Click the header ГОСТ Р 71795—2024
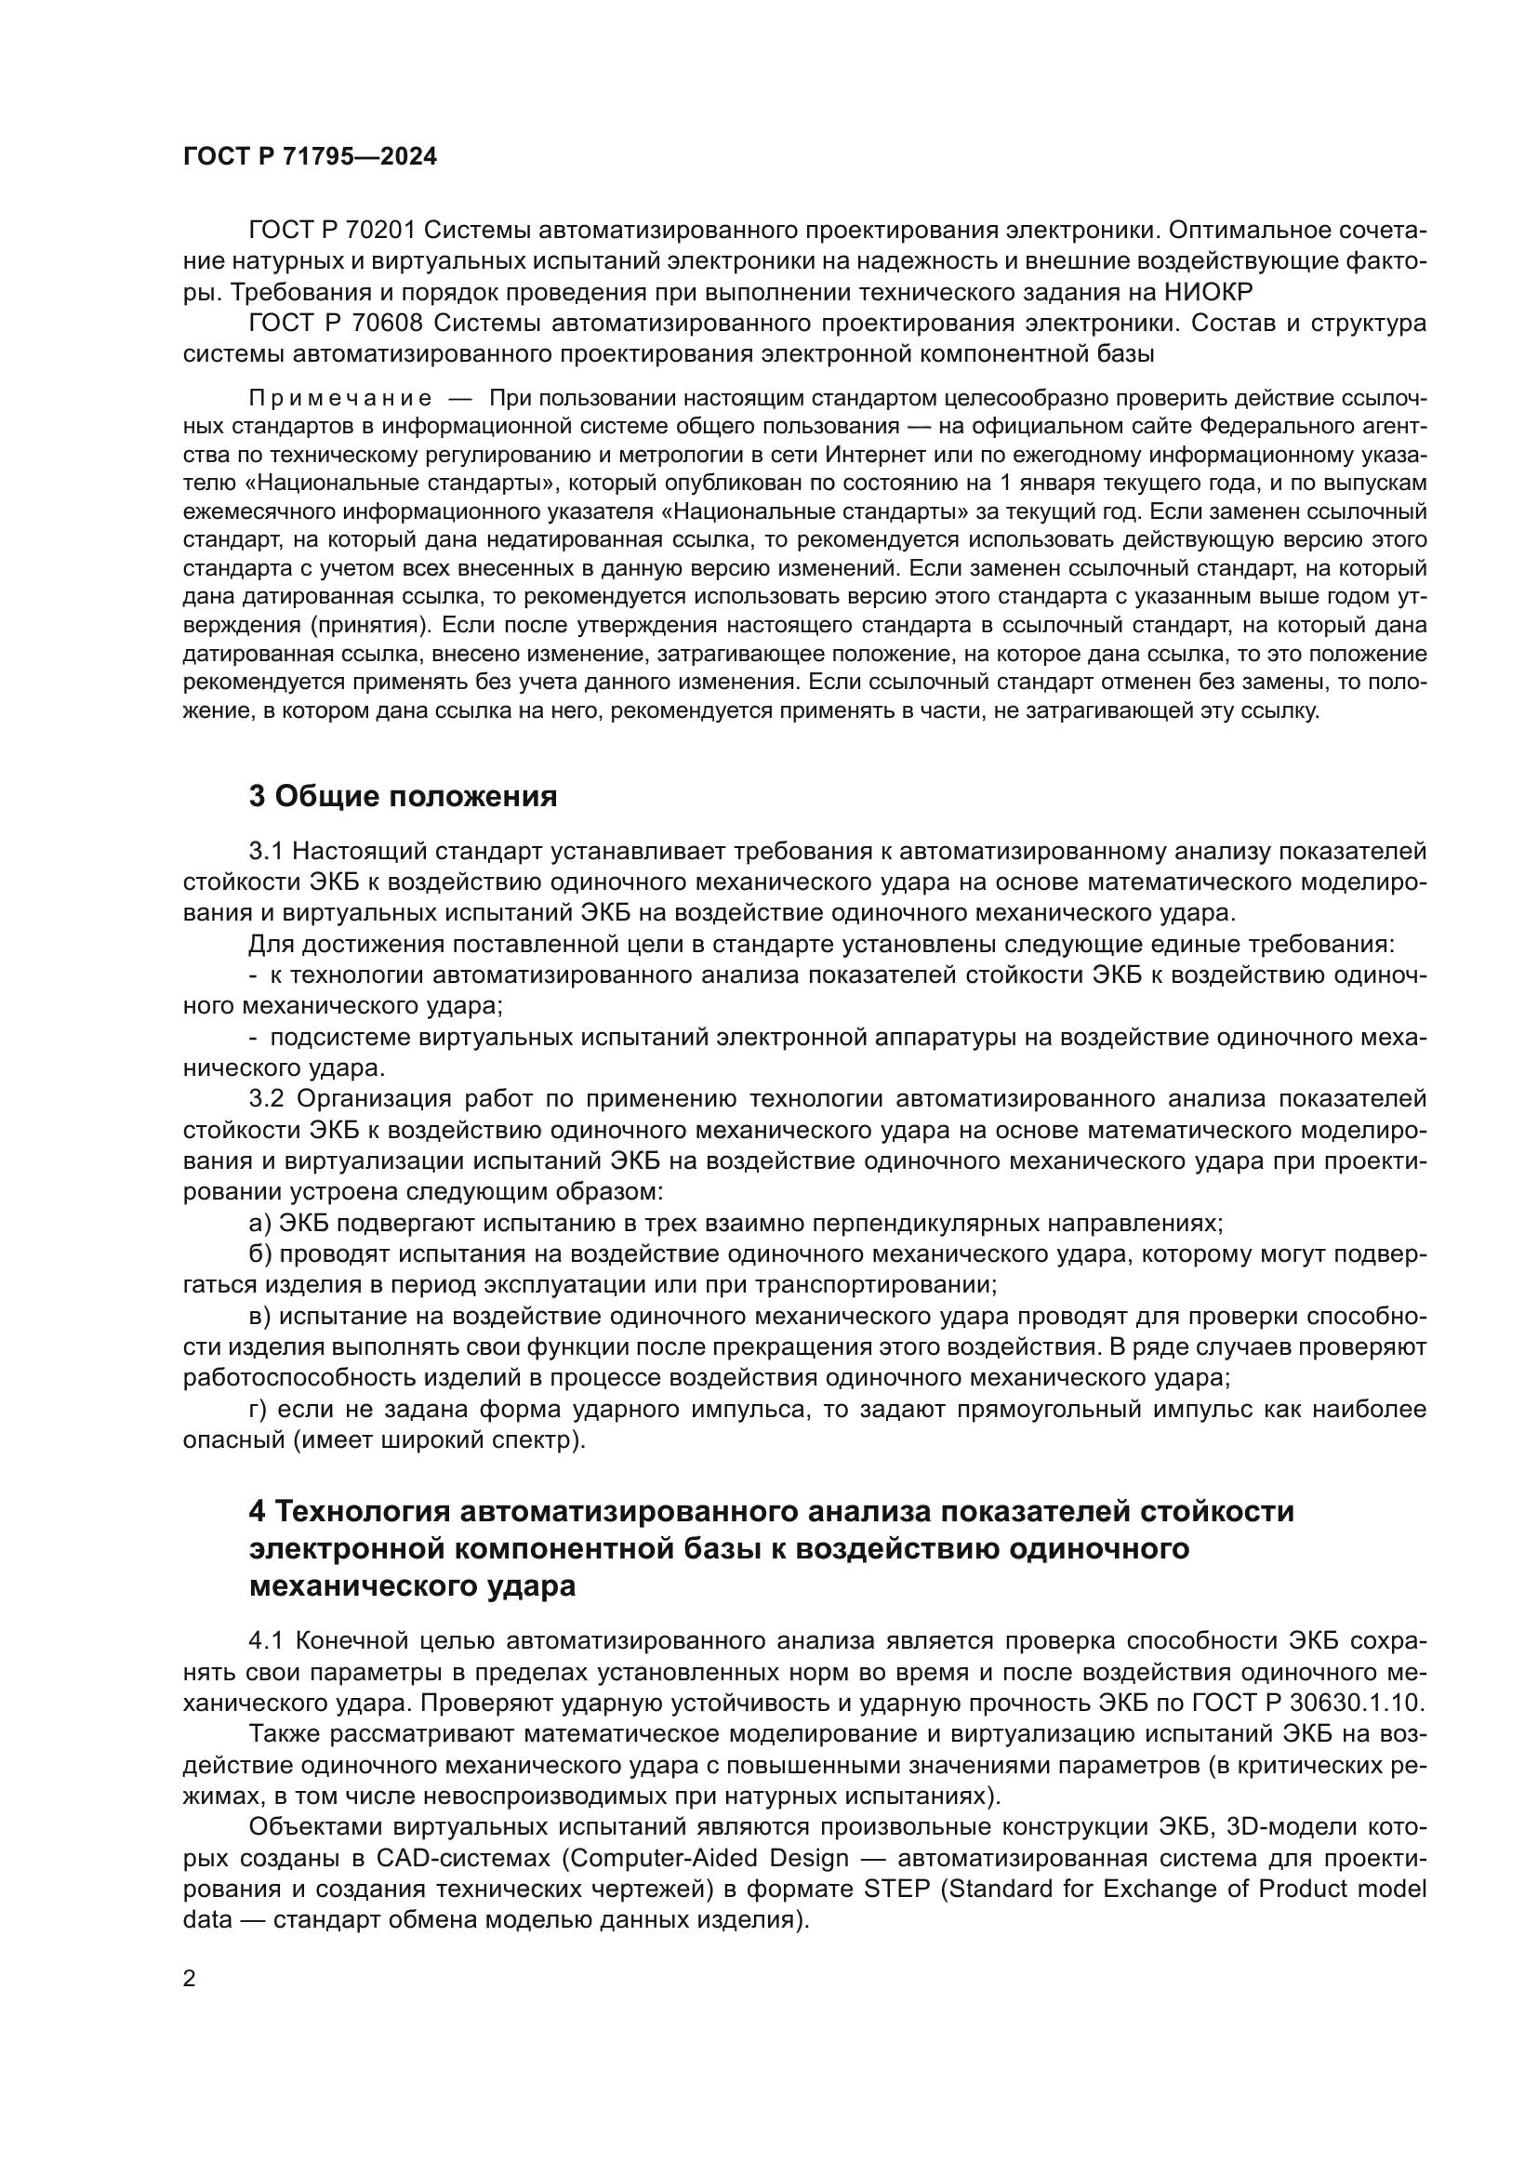[310, 157]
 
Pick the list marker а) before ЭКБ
[259, 1223]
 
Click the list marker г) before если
[259, 1409]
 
